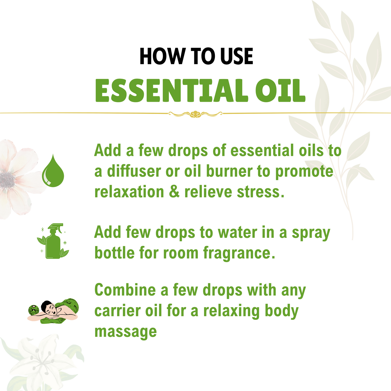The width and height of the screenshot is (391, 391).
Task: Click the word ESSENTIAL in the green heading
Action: (x=171, y=91)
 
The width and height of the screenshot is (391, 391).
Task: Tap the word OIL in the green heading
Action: (x=280, y=91)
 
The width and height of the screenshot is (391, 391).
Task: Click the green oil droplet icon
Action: (x=53, y=171)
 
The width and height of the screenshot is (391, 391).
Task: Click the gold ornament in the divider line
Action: (x=195, y=114)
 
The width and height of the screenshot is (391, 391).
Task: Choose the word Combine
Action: (x=125, y=290)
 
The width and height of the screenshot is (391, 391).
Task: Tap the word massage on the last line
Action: (x=126, y=331)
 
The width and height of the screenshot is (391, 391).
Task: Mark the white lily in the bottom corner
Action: (x=41, y=363)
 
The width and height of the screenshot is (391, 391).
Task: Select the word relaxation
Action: (x=129, y=192)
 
